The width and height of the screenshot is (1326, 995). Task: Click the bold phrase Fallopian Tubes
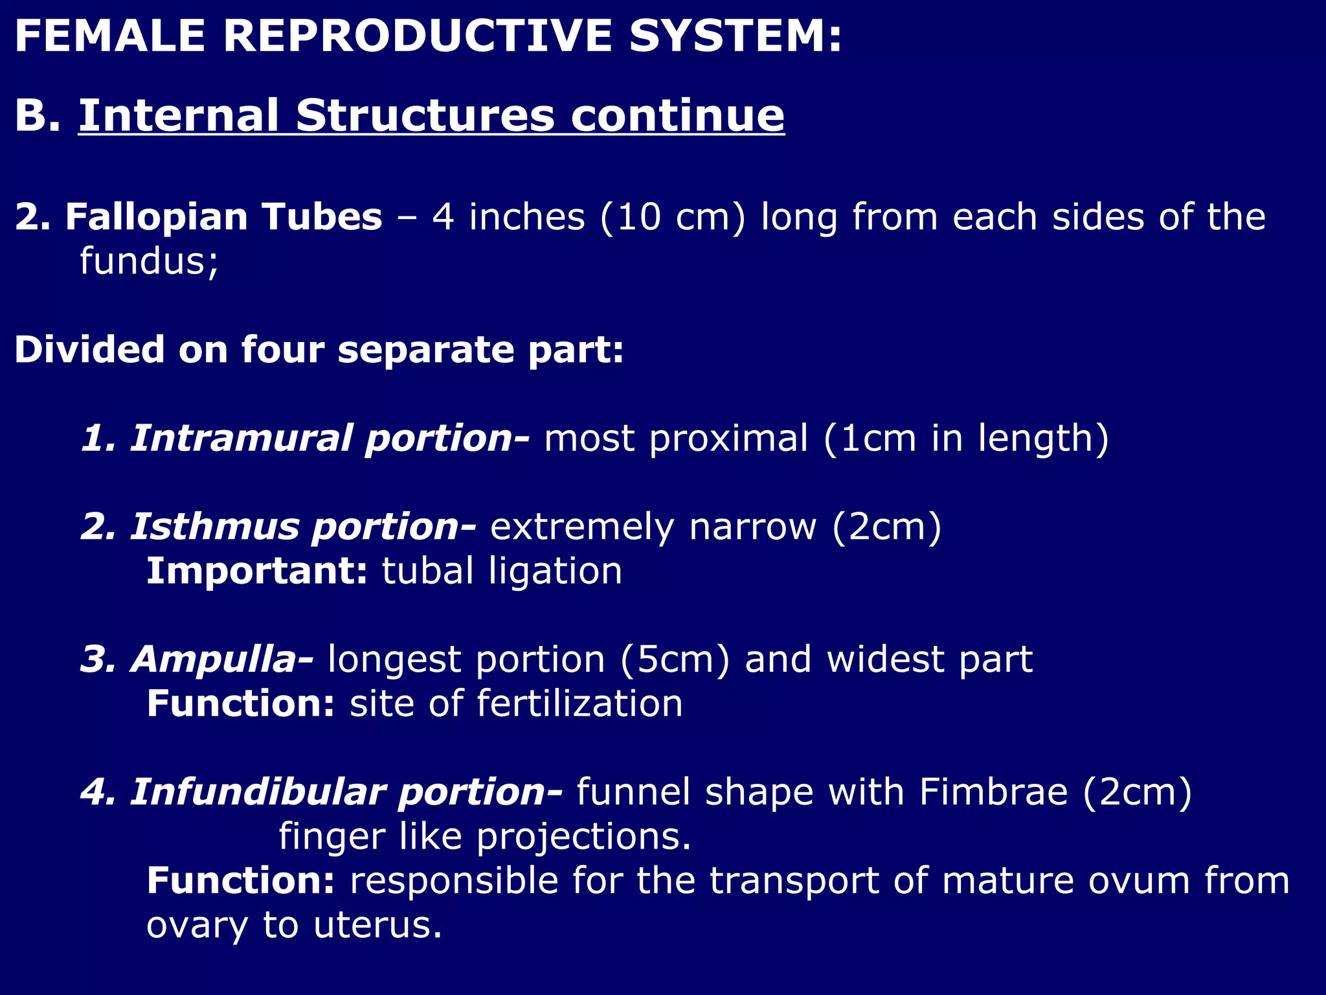(x=223, y=216)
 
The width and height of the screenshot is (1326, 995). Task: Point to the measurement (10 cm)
(x=673, y=216)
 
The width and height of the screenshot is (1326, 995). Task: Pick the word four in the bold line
(x=282, y=350)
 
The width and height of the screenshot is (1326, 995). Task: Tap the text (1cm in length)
(x=966, y=439)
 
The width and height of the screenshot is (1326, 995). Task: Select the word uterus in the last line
(x=377, y=925)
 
